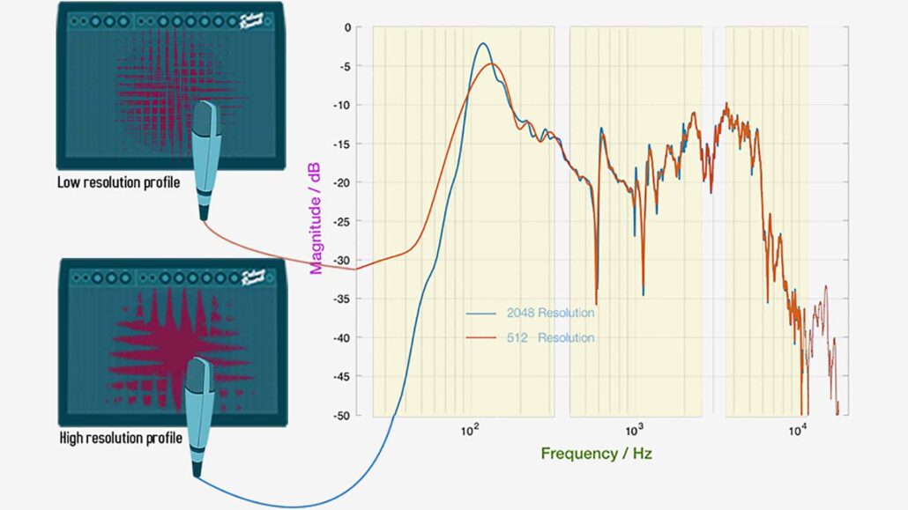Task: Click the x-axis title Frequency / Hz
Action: (x=597, y=453)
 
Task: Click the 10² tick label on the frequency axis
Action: (x=470, y=431)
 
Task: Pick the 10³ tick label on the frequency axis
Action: (x=634, y=431)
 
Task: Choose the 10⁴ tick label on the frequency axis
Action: (x=798, y=431)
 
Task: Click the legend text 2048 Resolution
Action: (x=550, y=313)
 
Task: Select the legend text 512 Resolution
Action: (x=550, y=338)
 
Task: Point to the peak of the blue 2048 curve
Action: (x=482, y=43)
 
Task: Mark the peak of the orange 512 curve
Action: (x=494, y=64)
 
